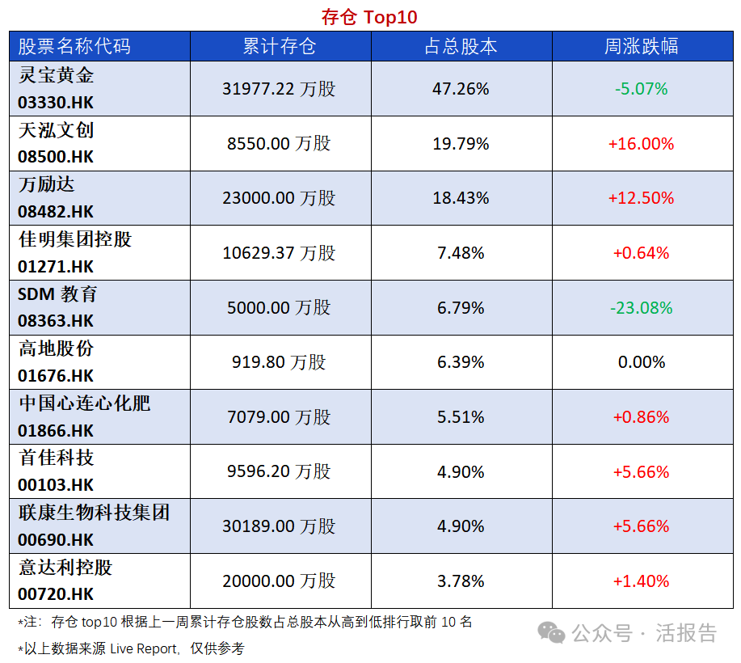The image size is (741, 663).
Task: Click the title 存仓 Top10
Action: [x=369, y=17]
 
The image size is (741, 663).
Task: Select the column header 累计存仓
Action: [x=280, y=46]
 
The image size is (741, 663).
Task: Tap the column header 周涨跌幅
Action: [x=642, y=46]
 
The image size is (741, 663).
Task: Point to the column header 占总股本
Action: [x=461, y=46]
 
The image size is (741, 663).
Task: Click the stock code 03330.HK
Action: [x=56, y=103]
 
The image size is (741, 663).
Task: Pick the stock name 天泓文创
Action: [x=57, y=130]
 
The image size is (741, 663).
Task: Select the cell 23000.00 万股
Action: [x=279, y=198]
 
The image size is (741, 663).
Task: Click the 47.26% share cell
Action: [x=461, y=89]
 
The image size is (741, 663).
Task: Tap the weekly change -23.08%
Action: [x=642, y=308]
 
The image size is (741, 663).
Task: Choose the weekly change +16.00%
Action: [x=641, y=144]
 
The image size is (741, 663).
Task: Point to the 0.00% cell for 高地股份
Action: [x=642, y=362]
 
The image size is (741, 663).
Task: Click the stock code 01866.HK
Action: [x=56, y=430]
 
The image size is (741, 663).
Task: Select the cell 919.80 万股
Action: [x=279, y=362]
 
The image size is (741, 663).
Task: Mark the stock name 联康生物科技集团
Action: [x=94, y=513]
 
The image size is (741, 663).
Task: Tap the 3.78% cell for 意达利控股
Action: [x=461, y=581]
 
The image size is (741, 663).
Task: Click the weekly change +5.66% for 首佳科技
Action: [x=641, y=472]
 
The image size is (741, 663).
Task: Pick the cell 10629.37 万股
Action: [x=279, y=253]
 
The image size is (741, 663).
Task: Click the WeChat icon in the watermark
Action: [x=553, y=632]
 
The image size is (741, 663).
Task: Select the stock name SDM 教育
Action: [x=57, y=294]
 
